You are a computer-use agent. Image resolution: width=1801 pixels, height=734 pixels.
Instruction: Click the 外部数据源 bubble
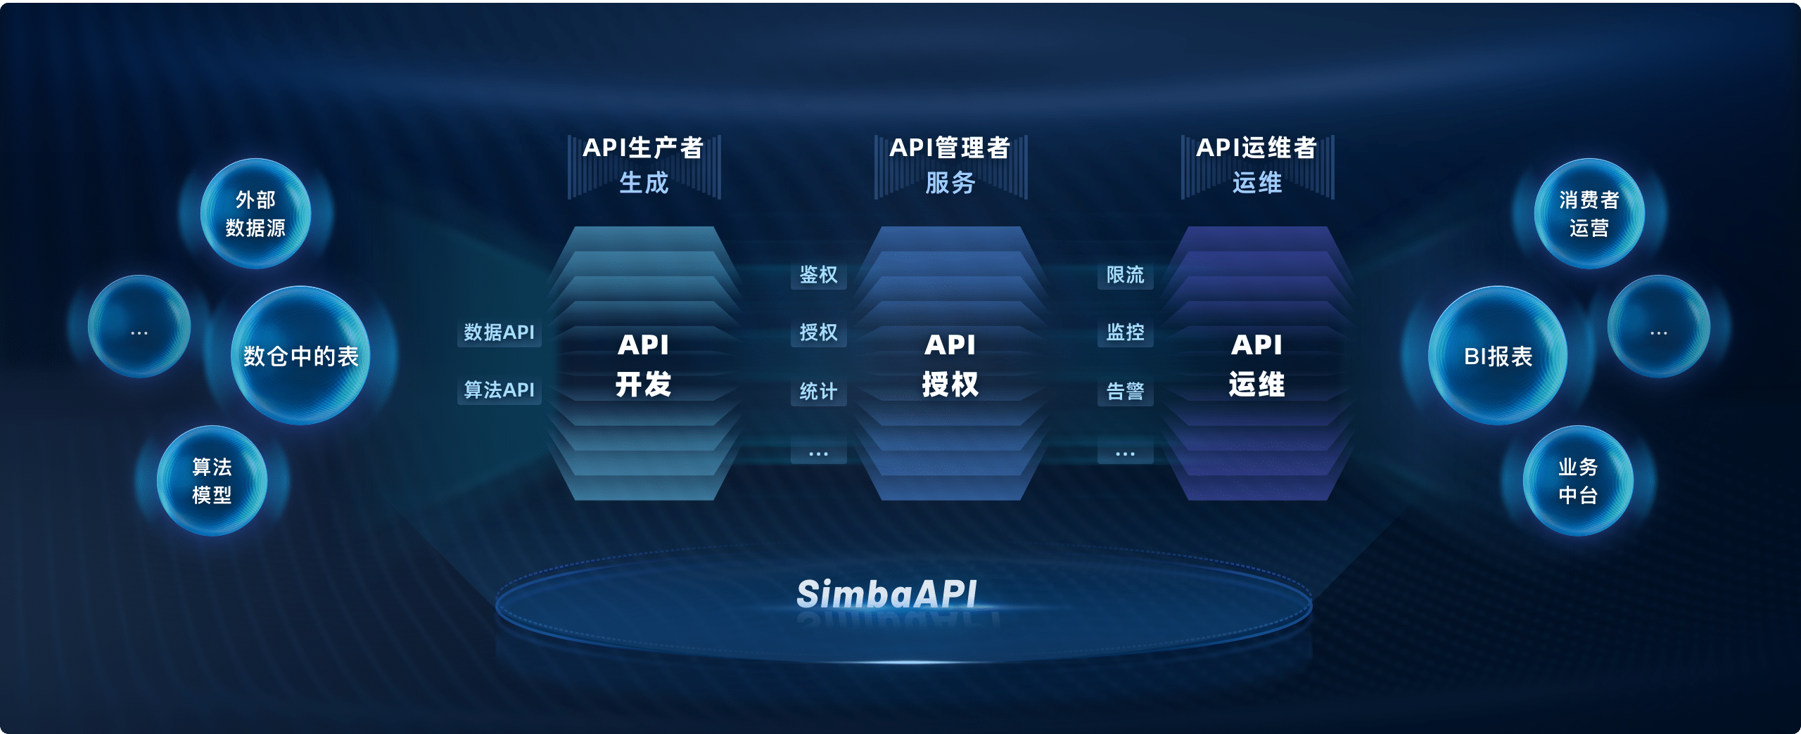click(255, 214)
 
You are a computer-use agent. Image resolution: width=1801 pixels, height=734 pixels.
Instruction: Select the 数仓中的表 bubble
click(300, 355)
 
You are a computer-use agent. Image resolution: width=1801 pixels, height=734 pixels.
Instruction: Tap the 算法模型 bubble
click(212, 481)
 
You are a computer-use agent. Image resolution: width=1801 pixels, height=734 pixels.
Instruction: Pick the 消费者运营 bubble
click(1589, 214)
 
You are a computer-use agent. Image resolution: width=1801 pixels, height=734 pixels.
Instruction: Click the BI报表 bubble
click(1498, 355)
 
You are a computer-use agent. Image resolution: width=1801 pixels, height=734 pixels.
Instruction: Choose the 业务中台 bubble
click(1578, 481)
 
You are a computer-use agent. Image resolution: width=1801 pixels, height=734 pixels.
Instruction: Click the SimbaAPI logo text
click(886, 594)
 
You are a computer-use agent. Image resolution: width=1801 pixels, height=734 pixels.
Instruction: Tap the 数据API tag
click(499, 332)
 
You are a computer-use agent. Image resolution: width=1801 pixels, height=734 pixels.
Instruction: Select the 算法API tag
click(499, 389)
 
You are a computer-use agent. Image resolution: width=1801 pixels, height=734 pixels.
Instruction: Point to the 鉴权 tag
click(818, 274)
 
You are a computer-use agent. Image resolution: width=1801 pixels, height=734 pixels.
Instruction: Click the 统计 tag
click(818, 391)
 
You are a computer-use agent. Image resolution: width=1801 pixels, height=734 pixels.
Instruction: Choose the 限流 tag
click(1125, 274)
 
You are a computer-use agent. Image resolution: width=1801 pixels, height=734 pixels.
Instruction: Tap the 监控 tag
click(1125, 332)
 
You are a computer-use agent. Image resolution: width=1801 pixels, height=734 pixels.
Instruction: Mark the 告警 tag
click(1125, 391)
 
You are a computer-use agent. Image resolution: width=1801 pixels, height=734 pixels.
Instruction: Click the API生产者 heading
click(643, 148)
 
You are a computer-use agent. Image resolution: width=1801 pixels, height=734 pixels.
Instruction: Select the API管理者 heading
click(950, 148)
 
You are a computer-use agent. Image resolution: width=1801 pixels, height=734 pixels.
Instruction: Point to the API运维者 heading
click(1256, 148)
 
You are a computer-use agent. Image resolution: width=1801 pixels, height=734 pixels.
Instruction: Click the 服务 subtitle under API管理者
click(950, 183)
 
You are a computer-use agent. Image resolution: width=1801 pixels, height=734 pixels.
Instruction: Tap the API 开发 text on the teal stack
click(643, 364)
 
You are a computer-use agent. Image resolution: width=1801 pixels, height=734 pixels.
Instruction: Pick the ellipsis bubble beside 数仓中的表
click(139, 326)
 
